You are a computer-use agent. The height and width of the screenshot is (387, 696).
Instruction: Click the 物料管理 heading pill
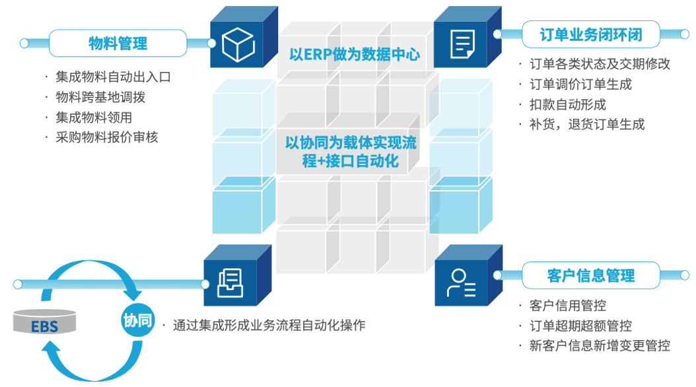click(118, 44)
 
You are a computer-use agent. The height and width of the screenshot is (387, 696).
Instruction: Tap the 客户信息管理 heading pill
click(590, 275)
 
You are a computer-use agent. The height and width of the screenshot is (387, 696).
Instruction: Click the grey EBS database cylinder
click(45, 324)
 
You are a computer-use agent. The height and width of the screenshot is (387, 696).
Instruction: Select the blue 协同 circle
click(137, 322)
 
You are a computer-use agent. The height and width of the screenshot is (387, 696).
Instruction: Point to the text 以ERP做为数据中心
click(355, 55)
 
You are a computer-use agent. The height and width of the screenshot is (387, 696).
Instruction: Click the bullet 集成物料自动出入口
click(113, 77)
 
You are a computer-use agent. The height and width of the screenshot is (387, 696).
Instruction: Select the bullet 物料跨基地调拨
click(100, 97)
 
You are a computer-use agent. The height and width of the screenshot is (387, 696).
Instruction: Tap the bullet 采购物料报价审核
click(107, 137)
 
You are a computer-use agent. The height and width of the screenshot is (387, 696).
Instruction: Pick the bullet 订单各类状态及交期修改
click(600, 64)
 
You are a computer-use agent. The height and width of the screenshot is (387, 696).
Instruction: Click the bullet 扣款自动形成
click(567, 104)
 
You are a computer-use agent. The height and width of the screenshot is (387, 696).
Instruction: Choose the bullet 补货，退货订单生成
click(586, 124)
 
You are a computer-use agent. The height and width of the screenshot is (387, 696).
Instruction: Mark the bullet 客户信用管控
click(567, 305)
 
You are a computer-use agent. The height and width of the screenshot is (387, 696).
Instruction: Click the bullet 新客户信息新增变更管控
click(600, 345)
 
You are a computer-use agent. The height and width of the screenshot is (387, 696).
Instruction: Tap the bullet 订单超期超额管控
click(580, 326)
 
